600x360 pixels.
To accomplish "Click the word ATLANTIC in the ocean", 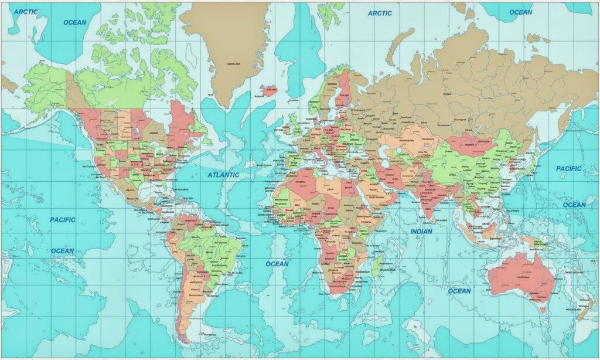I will tap(223, 175).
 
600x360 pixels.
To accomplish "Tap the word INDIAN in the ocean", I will tap(421, 232).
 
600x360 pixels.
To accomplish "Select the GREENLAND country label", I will tap(234, 63).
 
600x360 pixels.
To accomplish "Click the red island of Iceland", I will tap(269, 90).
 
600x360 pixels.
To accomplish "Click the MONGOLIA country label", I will tap(469, 140).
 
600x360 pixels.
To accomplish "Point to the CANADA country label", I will tap(154, 133).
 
